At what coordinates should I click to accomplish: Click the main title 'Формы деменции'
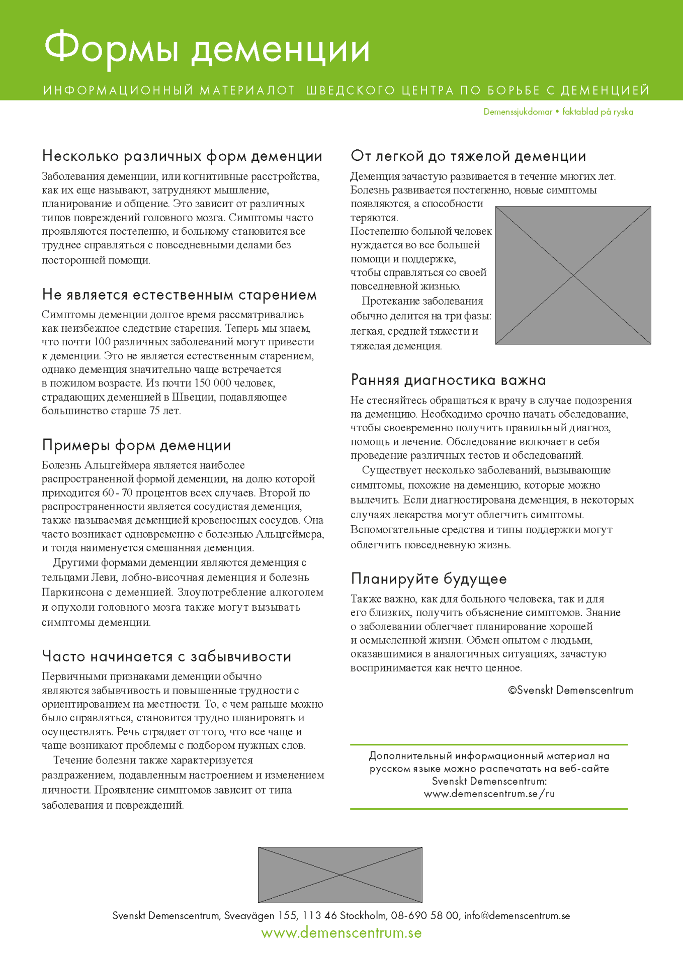point(207,50)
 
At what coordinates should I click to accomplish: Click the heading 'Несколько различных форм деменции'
point(182,156)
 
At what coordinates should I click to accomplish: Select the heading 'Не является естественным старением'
point(180,295)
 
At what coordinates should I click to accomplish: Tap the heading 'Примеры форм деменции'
point(136,445)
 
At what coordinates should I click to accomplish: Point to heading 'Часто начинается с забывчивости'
point(166,656)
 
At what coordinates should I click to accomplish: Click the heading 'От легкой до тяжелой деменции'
point(468,156)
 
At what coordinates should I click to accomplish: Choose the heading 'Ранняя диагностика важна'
point(448,380)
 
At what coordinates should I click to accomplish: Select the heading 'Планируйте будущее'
point(429,579)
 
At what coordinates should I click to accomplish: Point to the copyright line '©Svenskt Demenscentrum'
point(570,691)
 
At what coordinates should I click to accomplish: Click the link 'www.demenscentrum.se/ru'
point(489,794)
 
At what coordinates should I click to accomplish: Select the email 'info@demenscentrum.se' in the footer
point(517,916)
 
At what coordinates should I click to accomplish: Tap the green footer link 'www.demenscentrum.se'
point(341,933)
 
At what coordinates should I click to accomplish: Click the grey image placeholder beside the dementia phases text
point(573,275)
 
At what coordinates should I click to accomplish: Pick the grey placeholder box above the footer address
point(340,875)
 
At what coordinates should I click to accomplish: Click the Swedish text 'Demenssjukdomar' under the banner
point(518,112)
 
